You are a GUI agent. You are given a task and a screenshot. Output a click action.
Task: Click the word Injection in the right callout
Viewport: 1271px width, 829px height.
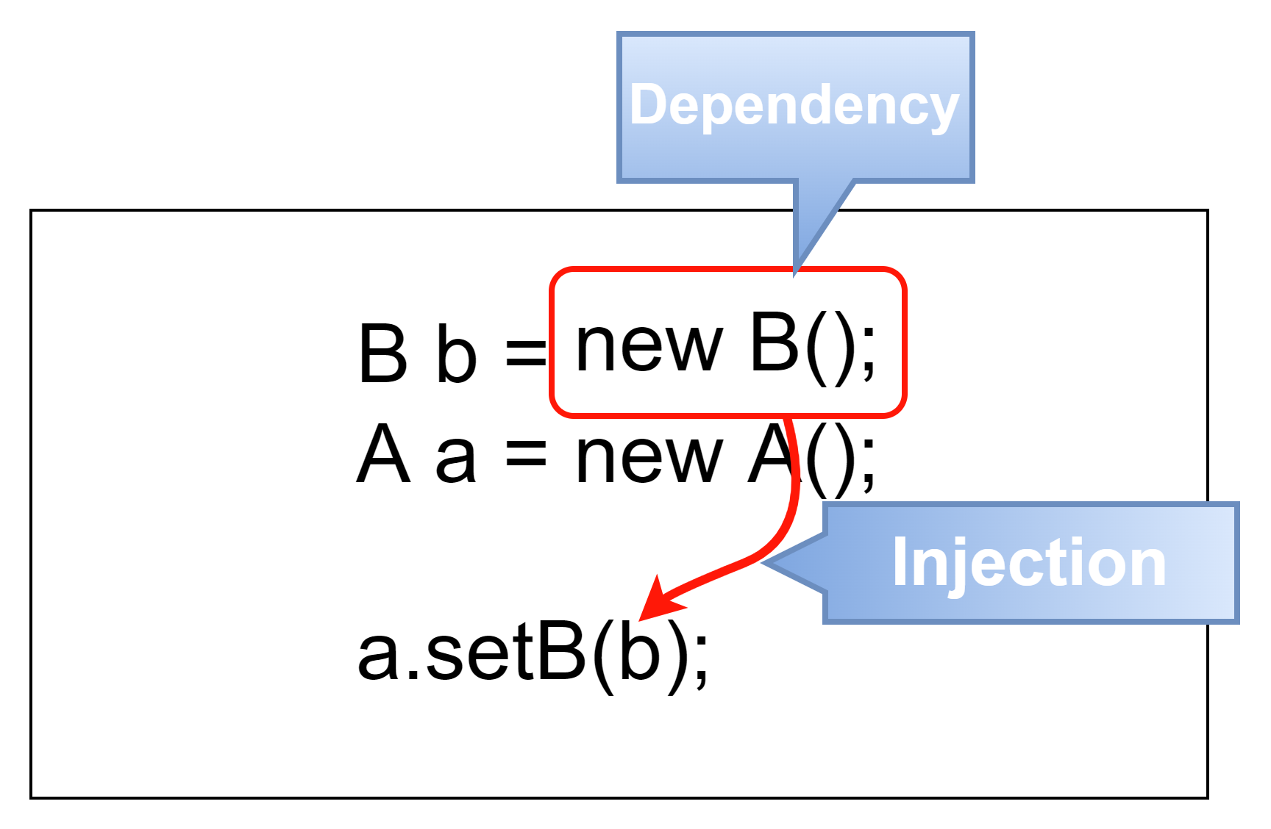coord(1028,563)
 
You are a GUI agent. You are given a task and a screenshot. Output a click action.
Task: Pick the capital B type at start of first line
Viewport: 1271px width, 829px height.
coord(382,354)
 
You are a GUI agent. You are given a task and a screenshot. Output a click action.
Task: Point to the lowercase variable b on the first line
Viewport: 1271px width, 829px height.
coord(456,354)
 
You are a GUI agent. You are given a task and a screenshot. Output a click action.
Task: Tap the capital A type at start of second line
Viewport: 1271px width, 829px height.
coord(382,456)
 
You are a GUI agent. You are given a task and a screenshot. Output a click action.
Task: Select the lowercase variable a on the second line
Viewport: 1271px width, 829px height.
coord(456,460)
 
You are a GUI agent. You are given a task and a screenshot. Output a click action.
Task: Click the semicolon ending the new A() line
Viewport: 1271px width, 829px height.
coord(868,466)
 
